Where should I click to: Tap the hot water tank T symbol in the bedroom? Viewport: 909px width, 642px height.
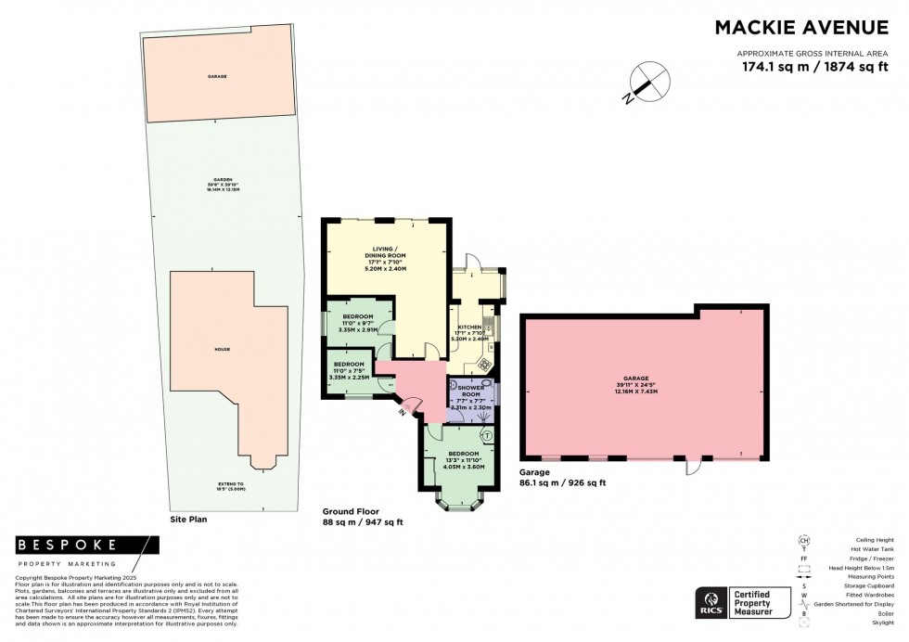(487, 435)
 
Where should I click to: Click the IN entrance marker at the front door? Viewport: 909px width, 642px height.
(403, 411)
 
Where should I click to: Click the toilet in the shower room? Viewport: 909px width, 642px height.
(485, 383)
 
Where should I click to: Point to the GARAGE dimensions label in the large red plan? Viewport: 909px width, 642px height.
(635, 385)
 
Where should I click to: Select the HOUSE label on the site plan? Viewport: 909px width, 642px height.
(222, 349)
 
